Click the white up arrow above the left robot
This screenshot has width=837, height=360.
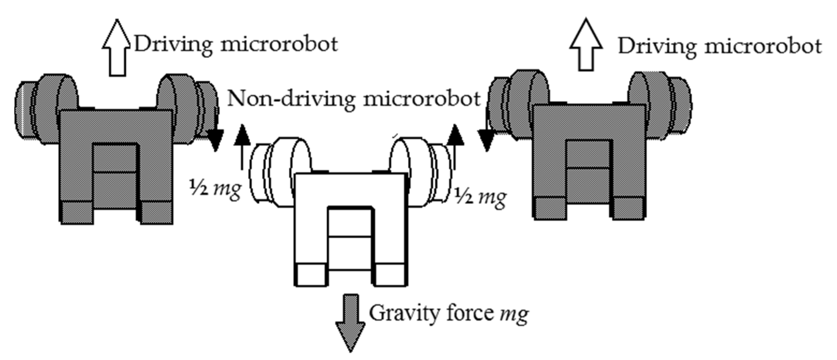click(x=117, y=49)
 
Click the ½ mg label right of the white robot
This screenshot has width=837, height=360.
click(x=480, y=197)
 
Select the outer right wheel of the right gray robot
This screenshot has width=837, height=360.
click(x=679, y=105)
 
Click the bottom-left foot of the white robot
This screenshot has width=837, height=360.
click(x=311, y=275)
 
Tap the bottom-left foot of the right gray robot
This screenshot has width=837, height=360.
click(x=550, y=208)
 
